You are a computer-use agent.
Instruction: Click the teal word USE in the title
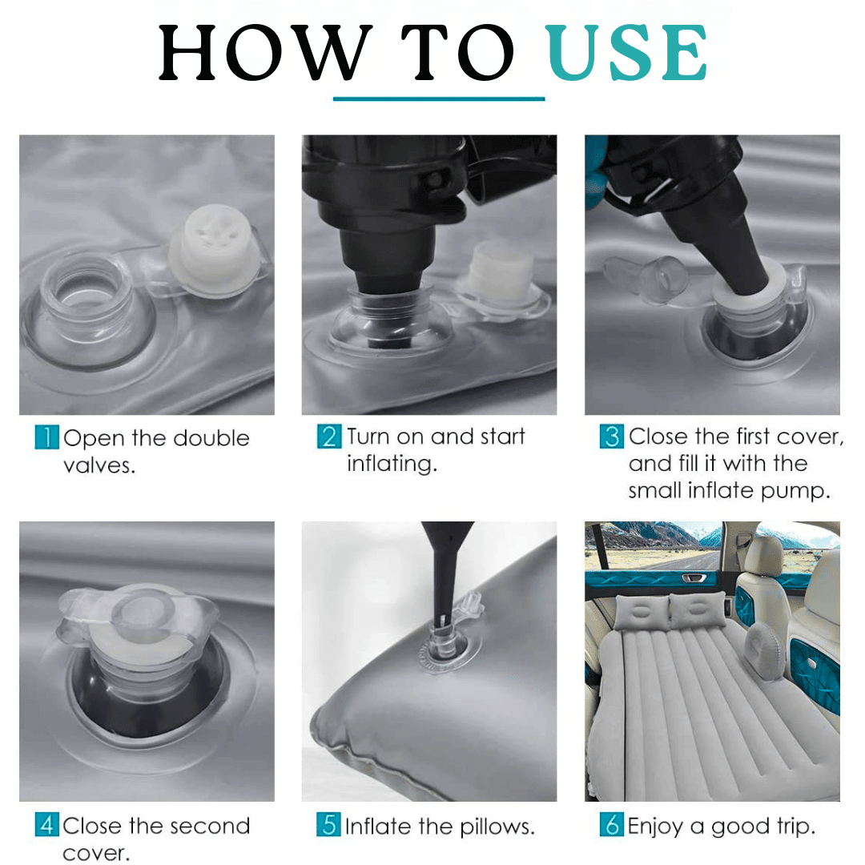626,53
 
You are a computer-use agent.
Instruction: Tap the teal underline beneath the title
439,99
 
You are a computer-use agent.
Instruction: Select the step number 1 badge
47,437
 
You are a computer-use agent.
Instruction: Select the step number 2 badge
329,436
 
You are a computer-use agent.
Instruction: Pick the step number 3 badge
612,436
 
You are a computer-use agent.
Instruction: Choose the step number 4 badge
47,825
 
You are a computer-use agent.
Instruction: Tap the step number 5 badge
329,825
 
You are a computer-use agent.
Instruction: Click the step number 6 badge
612,825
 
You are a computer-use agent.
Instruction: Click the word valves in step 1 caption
99,466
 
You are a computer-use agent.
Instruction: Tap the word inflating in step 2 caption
392,464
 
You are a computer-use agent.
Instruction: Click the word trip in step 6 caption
795,827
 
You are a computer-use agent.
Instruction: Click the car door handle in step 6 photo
694,578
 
